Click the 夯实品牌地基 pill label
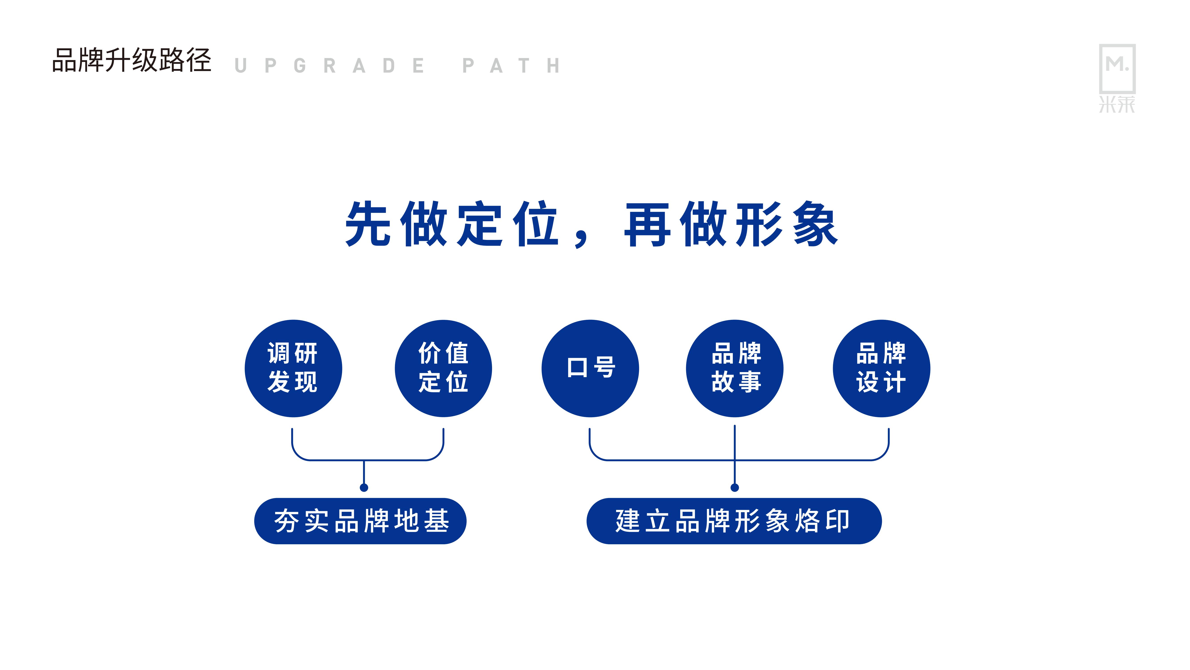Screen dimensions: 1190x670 pyautogui.click(x=360, y=521)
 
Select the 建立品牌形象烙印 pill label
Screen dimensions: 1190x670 pyautogui.click(x=734, y=521)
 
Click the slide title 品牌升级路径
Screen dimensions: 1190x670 pyautogui.click(x=132, y=61)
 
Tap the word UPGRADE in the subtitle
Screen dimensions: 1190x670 pyautogui.click(x=329, y=66)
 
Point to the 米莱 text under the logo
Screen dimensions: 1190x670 pyautogui.click(x=1117, y=105)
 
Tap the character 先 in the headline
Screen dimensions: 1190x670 pyautogui.click(x=368, y=224)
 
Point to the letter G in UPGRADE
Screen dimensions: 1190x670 pyautogui.click(x=300, y=66)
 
